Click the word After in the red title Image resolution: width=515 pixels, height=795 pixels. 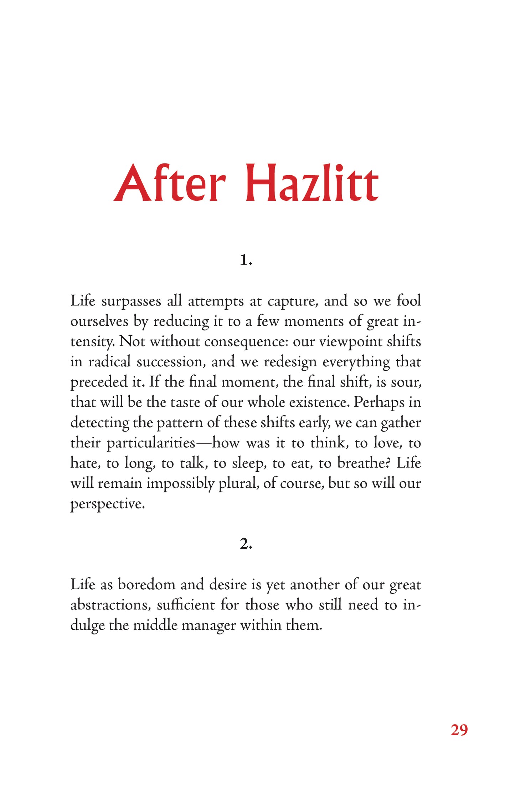pyautogui.click(x=170, y=184)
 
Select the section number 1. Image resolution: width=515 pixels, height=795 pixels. pyautogui.click(x=246, y=260)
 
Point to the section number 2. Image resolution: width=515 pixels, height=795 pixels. pyautogui.click(x=246, y=544)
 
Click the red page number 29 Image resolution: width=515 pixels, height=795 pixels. pyautogui.click(x=459, y=730)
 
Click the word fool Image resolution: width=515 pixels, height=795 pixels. pyautogui.click(x=409, y=301)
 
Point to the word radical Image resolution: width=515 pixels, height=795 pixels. pyautogui.click(x=110, y=362)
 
